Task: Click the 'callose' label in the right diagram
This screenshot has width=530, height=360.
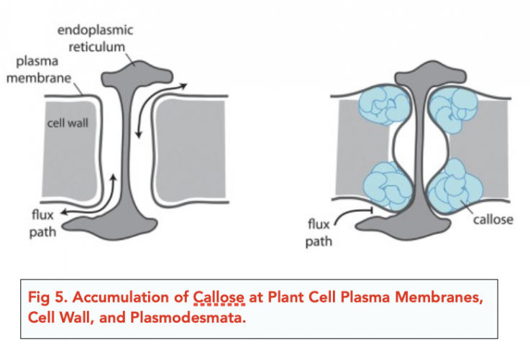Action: [493, 220]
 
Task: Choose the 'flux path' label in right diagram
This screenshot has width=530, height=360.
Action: [319, 232]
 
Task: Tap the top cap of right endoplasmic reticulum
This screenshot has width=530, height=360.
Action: [417, 73]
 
